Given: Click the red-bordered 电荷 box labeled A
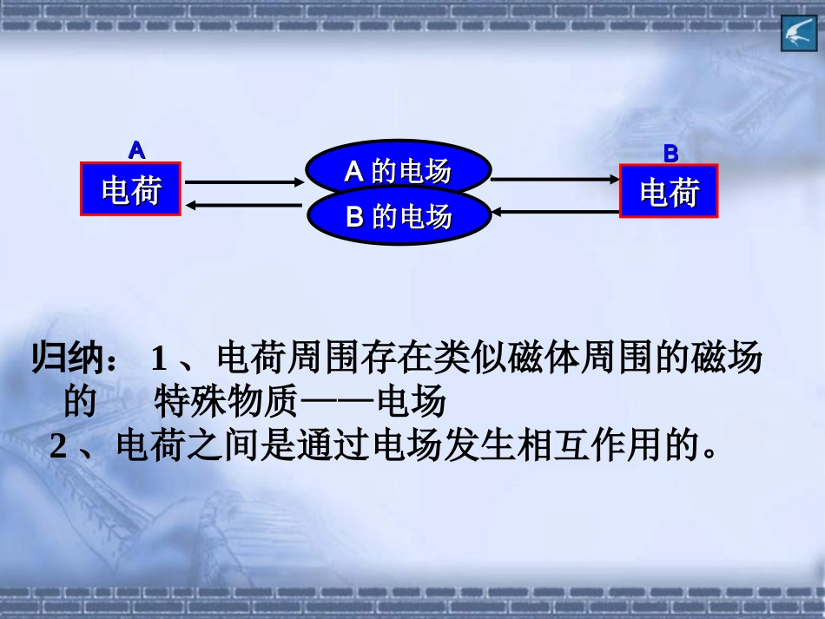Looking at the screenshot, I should (x=131, y=188).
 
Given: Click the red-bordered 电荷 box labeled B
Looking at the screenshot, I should (x=670, y=191).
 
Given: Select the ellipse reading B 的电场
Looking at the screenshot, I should (x=399, y=215).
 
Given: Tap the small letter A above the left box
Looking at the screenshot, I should (x=136, y=149).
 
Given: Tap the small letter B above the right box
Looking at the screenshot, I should (x=670, y=154).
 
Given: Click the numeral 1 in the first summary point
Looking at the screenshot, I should (x=158, y=358).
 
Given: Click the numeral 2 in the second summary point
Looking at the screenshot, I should (x=58, y=447).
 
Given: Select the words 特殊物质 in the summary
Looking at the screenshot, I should (x=228, y=403).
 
